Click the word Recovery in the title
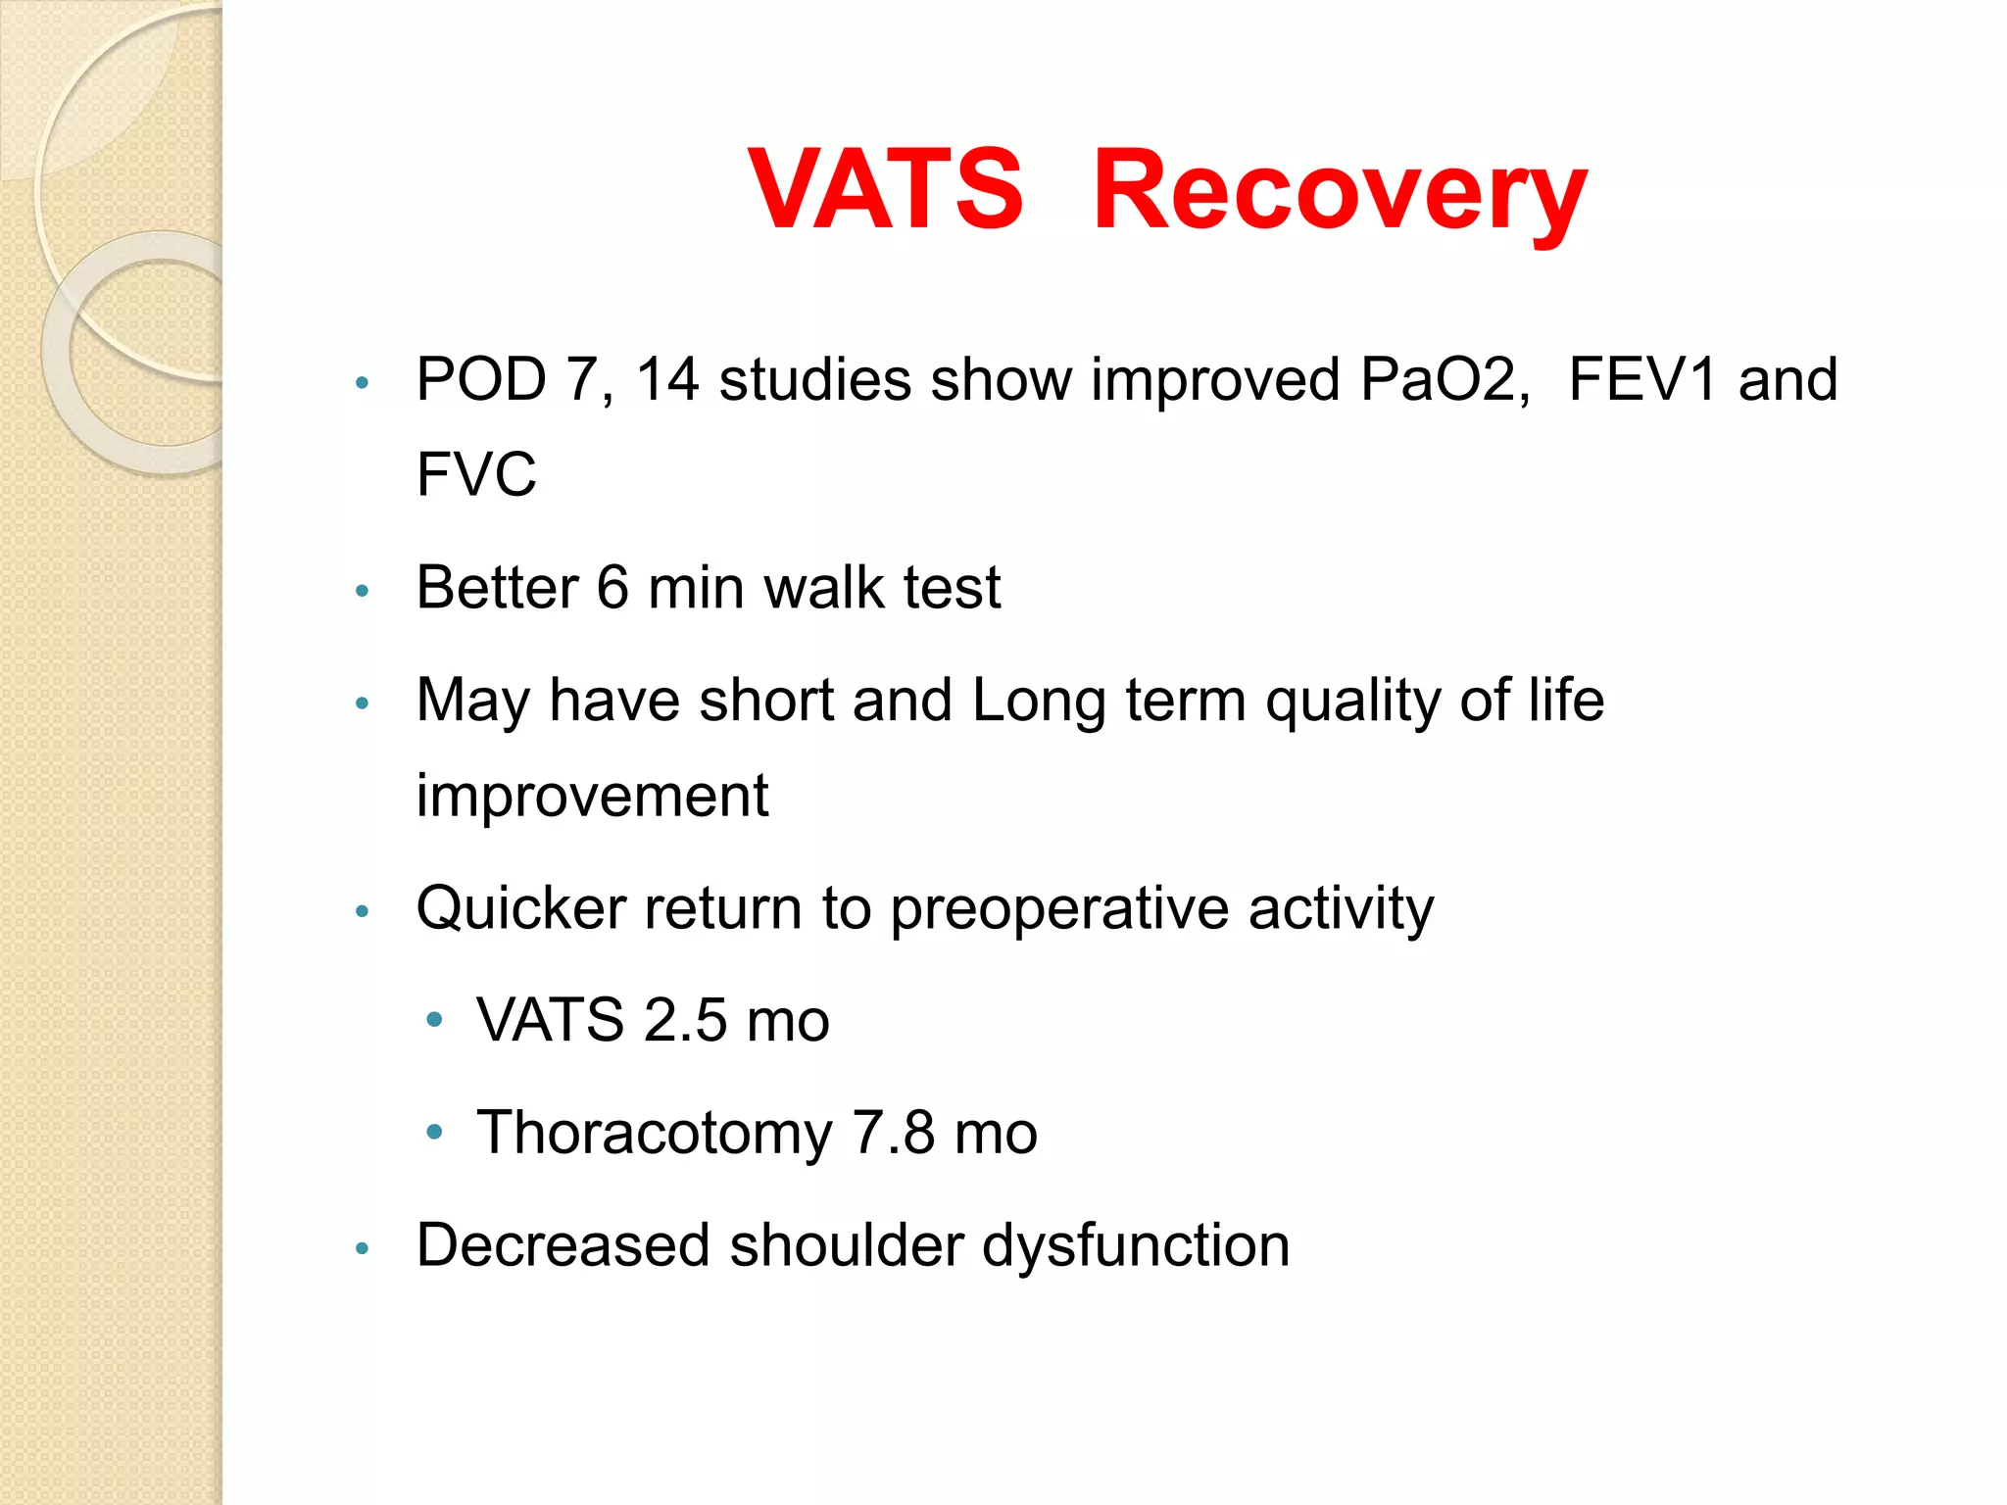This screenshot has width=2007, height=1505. click(x=1339, y=191)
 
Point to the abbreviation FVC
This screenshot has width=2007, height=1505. click(x=476, y=474)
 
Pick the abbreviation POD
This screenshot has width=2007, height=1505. click(x=480, y=379)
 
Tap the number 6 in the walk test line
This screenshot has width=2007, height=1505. click(x=612, y=588)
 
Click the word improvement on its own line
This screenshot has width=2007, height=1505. click(x=592, y=796)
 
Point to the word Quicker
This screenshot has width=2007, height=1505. click(x=520, y=908)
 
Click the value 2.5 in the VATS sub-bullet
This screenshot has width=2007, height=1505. click(x=685, y=1021)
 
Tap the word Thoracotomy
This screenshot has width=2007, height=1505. click(x=654, y=1134)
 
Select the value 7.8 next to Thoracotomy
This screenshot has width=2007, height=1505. click(x=893, y=1134)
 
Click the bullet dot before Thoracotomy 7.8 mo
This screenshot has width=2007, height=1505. click(x=435, y=1134)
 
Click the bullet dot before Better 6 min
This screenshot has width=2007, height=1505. click(x=363, y=591)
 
